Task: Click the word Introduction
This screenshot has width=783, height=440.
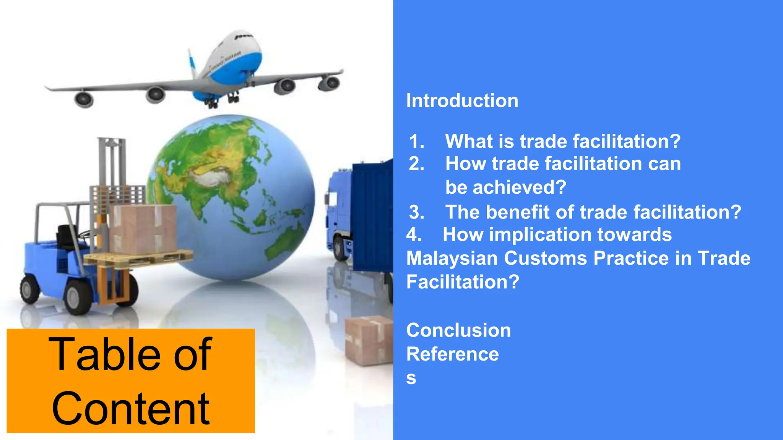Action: point(462,101)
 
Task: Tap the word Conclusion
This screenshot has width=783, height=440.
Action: point(458,330)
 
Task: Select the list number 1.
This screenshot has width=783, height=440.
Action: point(416,141)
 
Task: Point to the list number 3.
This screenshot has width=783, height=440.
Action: point(416,212)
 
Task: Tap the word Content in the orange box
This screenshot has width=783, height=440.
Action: point(130,409)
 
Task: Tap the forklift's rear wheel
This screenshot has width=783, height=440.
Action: point(29,289)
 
